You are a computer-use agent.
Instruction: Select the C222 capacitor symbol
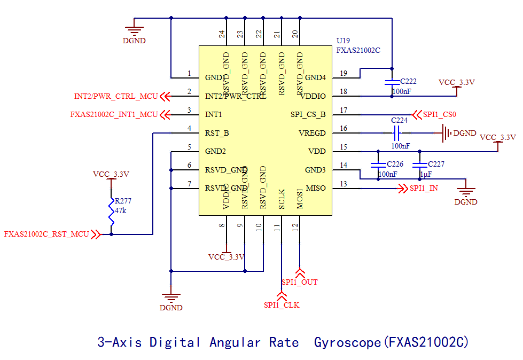coord(392,82)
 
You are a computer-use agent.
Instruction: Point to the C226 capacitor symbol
coord(378,163)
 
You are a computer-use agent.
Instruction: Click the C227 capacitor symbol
coord(420,163)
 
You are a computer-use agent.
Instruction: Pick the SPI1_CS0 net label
coord(440,114)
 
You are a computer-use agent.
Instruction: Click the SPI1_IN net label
coord(424,188)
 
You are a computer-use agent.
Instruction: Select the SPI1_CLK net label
coord(282,305)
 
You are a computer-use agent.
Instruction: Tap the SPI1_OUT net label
coord(300,281)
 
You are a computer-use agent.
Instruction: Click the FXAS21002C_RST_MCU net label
coord(46,234)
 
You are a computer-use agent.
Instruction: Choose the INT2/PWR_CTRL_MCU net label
coord(116,97)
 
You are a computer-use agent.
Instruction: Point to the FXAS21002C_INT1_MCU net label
coord(114,114)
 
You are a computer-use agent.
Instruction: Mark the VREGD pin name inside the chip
coord(311,133)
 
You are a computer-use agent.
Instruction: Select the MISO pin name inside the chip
coord(315,188)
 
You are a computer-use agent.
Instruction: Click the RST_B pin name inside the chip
coord(217,133)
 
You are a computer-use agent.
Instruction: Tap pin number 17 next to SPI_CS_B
coord(344,110)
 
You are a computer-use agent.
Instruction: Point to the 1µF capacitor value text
coord(426,174)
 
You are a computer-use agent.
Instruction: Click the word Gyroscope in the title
coord(348,342)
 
